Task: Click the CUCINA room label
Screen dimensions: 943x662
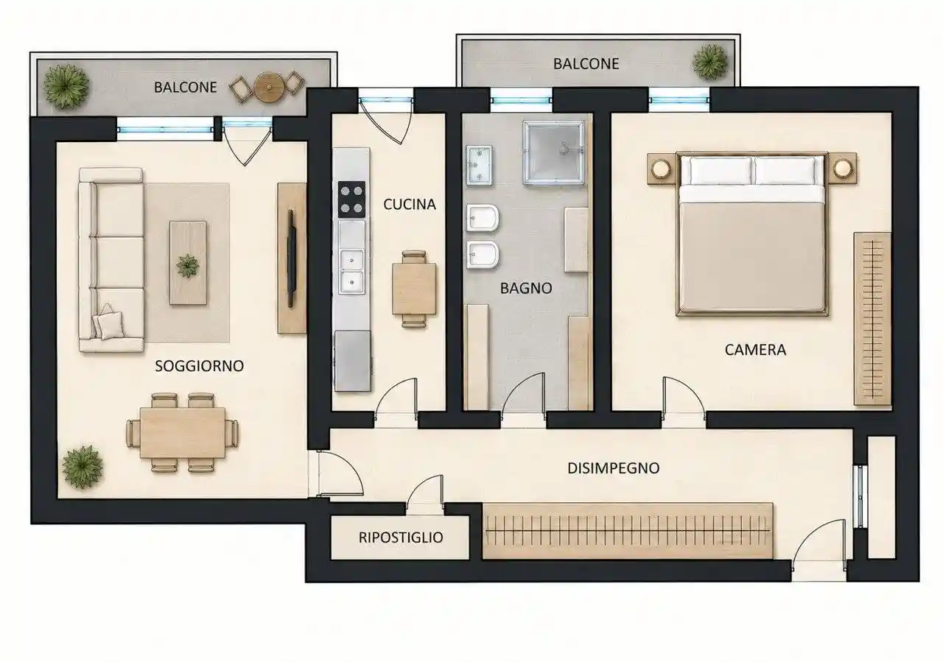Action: [409, 205]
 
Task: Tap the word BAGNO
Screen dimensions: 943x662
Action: [526, 288]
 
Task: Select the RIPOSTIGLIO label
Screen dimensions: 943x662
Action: [401, 538]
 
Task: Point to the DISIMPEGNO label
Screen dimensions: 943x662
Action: [614, 468]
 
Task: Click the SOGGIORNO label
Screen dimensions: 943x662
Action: [199, 366]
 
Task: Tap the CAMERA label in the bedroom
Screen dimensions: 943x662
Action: [755, 350]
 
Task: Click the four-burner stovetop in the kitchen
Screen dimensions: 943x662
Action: [351, 200]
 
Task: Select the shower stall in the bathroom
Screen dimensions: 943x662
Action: [553, 152]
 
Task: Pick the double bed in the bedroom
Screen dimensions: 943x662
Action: [752, 234]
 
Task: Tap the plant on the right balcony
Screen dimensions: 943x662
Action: [710, 61]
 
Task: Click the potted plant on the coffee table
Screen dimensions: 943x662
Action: [188, 266]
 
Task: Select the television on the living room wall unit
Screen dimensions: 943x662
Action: [291, 258]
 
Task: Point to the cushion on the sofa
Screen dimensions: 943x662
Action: [111, 325]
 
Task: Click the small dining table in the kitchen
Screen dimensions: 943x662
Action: [414, 289]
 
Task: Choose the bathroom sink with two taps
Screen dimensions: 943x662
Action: [479, 166]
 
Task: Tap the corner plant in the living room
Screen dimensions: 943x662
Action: [83, 467]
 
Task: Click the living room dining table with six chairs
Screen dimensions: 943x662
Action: [182, 433]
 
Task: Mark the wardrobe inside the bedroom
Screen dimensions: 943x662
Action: [872, 319]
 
